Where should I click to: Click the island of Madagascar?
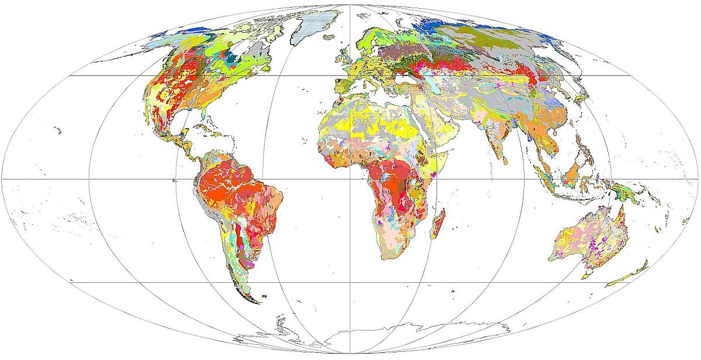pos(439,224)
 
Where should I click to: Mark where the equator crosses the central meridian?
pos(350,179)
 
